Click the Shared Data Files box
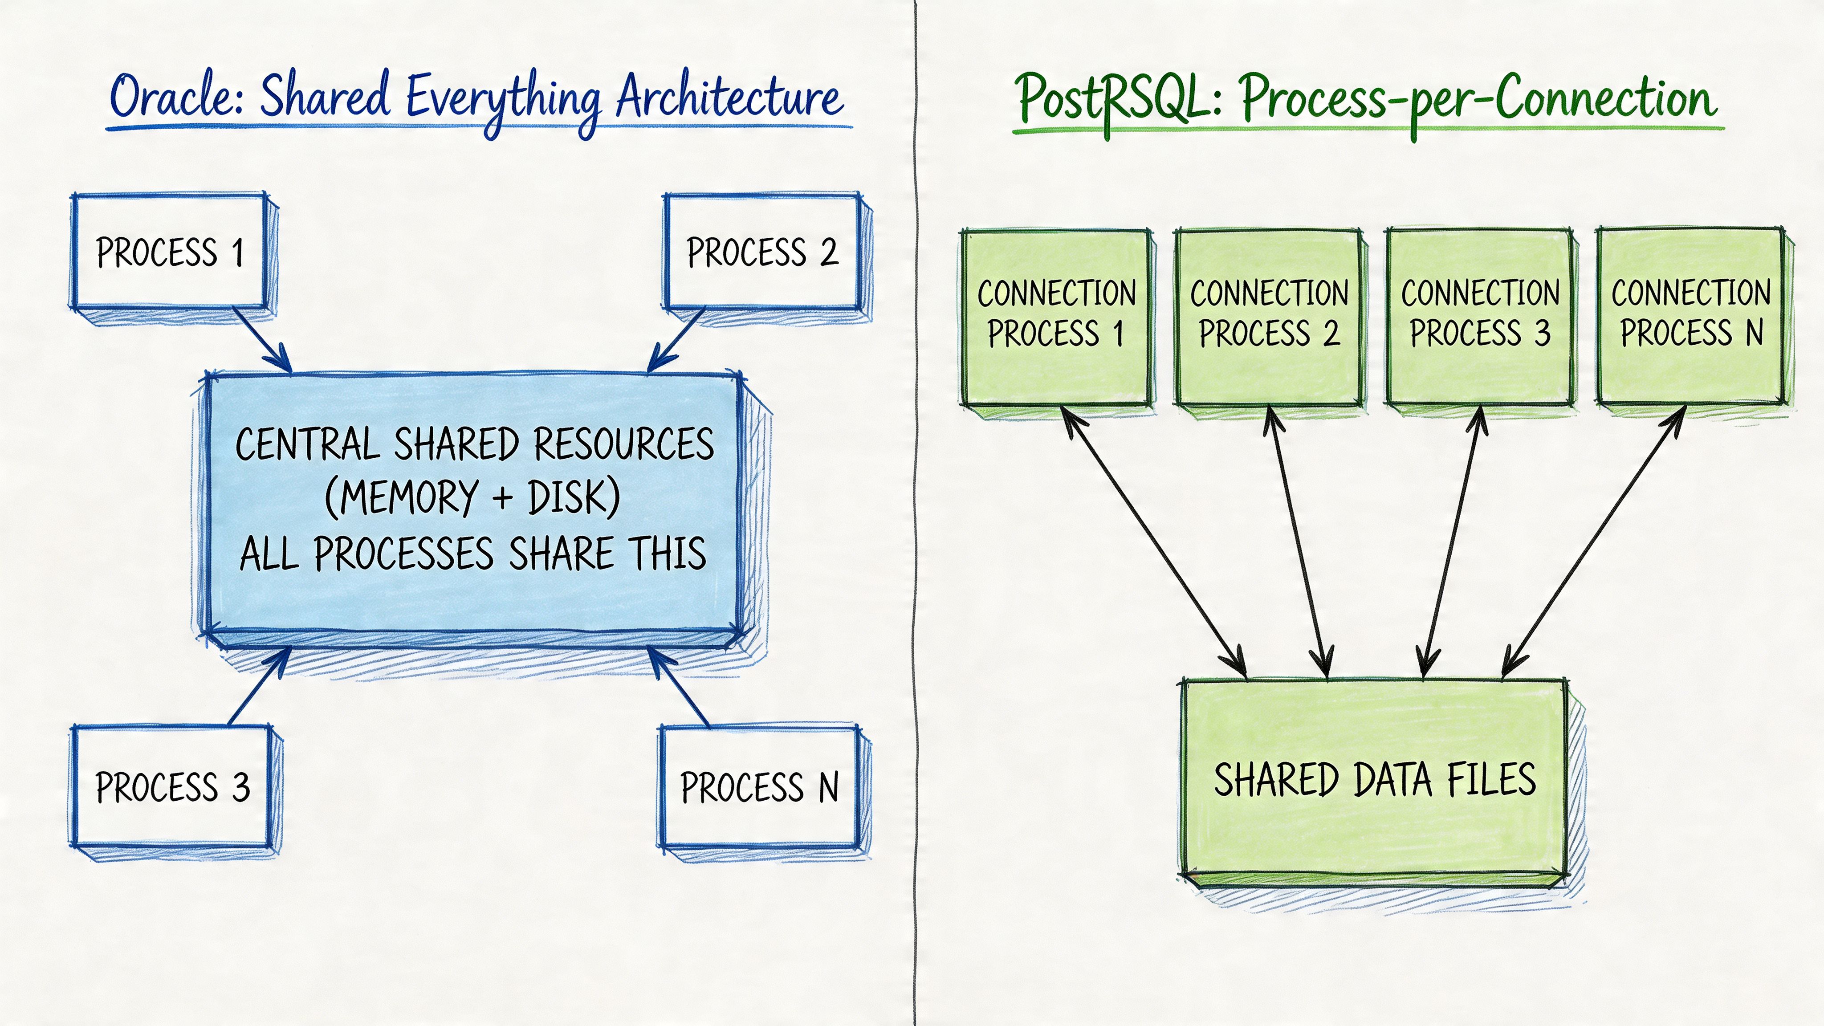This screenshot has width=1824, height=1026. [1374, 779]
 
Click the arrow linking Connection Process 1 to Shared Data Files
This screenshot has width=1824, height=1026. [1154, 541]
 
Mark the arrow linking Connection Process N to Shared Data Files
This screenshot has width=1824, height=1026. [1593, 541]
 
